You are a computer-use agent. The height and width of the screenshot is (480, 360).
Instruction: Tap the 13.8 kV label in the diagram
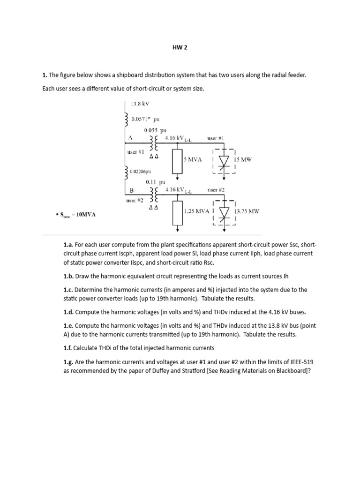(140, 104)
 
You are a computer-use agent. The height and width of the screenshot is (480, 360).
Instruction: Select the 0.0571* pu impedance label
(145, 120)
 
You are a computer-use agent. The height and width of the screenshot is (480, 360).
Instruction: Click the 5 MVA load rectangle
(177, 162)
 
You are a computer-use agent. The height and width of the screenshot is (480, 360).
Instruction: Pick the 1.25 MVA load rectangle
(177, 213)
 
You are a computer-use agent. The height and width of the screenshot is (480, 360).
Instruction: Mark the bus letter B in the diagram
(131, 190)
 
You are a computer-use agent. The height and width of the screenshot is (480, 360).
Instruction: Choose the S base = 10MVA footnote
(76, 215)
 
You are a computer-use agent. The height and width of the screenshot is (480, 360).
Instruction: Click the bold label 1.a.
(68, 245)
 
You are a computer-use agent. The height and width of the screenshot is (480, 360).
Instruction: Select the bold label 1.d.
(69, 311)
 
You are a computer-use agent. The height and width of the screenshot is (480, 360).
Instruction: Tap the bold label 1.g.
(69, 362)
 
